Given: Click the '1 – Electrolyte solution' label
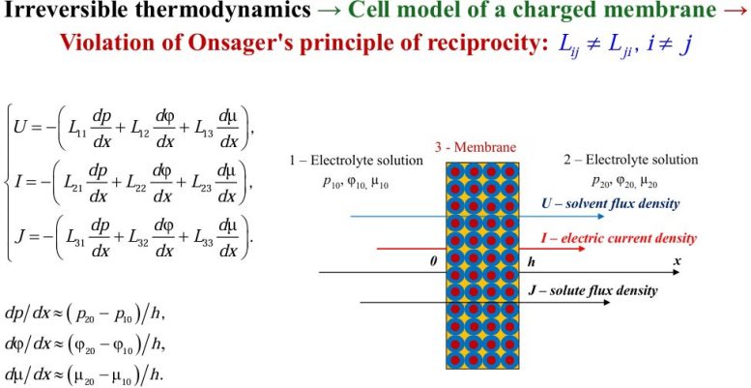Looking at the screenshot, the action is [357, 161].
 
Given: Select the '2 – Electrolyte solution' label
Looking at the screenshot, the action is [631, 160].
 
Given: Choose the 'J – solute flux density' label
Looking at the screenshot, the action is [592, 290].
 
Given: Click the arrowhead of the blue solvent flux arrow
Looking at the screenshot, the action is [602, 217].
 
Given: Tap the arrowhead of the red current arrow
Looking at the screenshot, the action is [582, 249].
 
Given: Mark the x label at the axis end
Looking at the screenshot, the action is [678, 261].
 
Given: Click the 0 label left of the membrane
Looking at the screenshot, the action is [432, 262].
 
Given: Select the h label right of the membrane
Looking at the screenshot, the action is [531, 262].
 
